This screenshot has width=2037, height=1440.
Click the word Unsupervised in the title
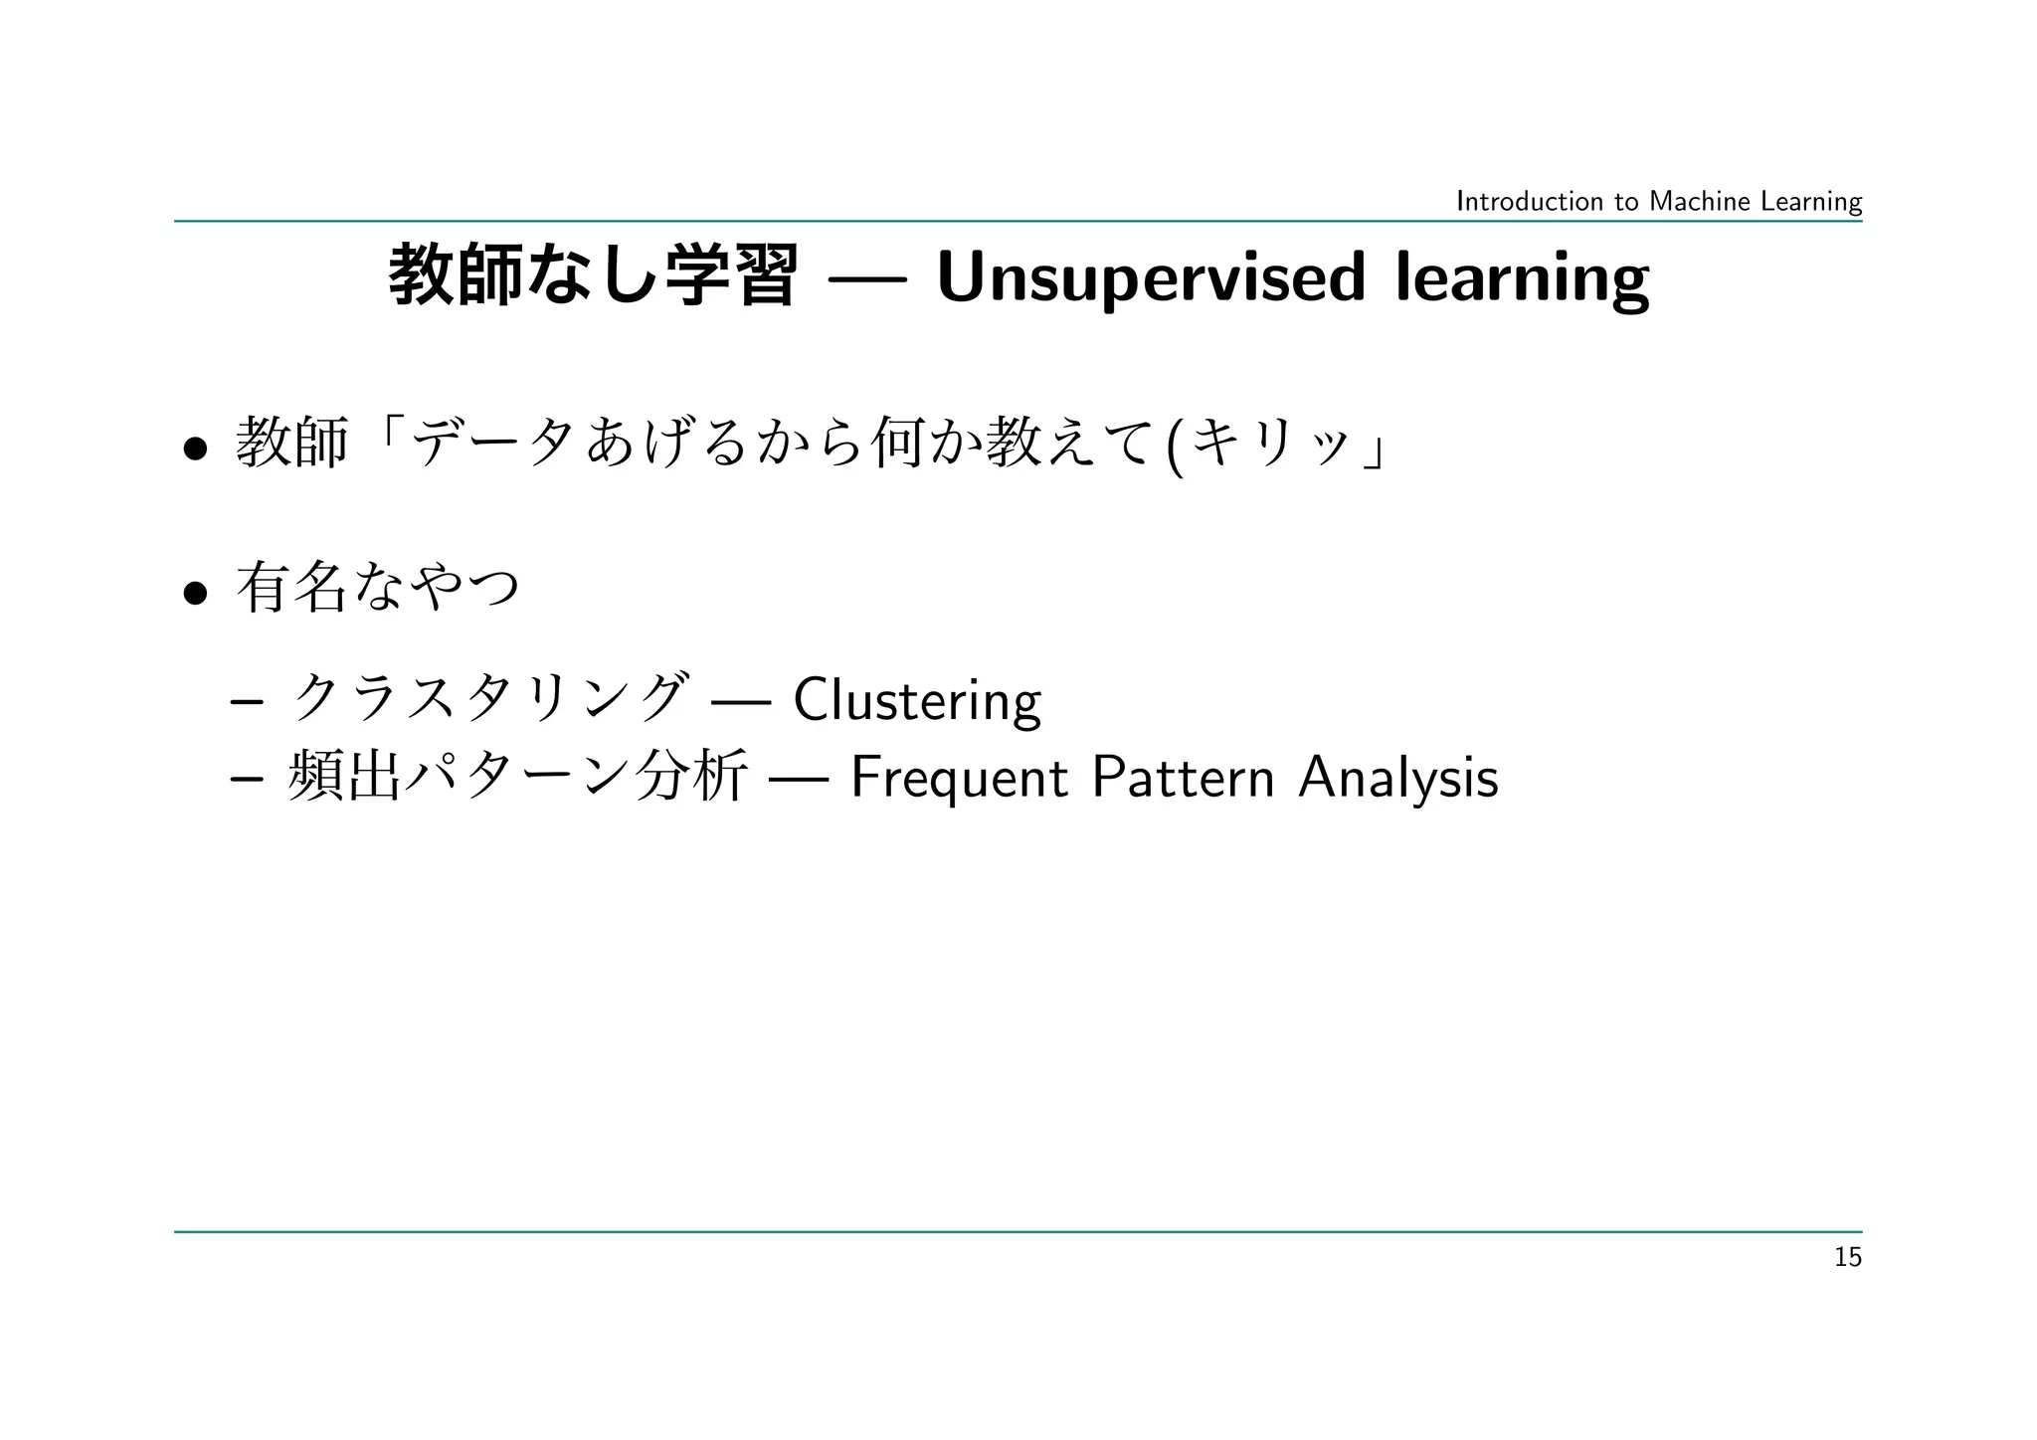pyautogui.click(x=1151, y=278)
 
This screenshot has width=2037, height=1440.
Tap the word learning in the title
pyautogui.click(x=1522, y=278)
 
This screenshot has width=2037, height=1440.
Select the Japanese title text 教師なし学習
pyautogui.click(x=593, y=276)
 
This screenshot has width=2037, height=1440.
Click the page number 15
pyautogui.click(x=1847, y=1258)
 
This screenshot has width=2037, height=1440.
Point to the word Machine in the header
pyautogui.click(x=1699, y=202)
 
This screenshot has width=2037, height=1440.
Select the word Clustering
pyautogui.click(x=917, y=700)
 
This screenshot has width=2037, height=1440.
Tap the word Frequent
pyautogui.click(x=959, y=778)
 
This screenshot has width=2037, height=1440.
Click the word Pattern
pyautogui.click(x=1183, y=778)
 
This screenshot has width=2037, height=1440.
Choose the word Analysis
pyautogui.click(x=1397, y=778)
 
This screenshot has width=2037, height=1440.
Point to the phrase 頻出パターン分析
pyautogui.click(x=517, y=777)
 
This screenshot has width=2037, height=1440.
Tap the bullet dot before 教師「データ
pyautogui.click(x=195, y=450)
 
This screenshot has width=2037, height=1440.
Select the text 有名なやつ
pyautogui.click(x=378, y=588)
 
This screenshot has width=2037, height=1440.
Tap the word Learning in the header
pyautogui.click(x=1810, y=202)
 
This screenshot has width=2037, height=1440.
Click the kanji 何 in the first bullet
pyautogui.click(x=896, y=444)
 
